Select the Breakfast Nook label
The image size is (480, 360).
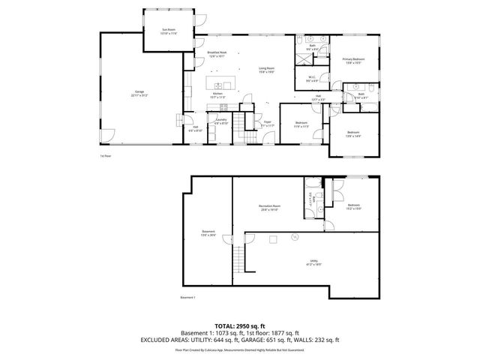tap(218, 53)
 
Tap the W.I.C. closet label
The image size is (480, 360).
tap(310, 78)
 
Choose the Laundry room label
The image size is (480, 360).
tap(220, 121)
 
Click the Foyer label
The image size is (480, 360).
tap(266, 124)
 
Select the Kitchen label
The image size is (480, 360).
tap(217, 94)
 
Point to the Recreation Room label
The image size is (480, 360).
tap(270, 207)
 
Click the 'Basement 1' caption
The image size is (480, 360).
tap(187, 298)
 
